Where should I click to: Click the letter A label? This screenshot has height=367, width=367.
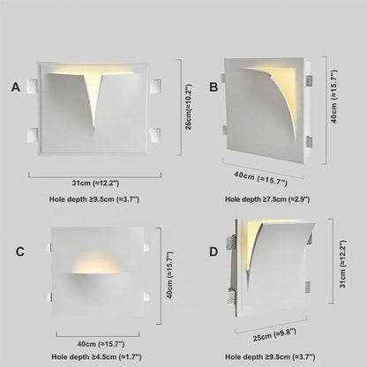click(x=15, y=86)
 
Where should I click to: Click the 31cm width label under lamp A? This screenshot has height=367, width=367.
click(x=94, y=183)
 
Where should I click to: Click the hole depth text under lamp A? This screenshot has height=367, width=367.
click(x=94, y=200)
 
